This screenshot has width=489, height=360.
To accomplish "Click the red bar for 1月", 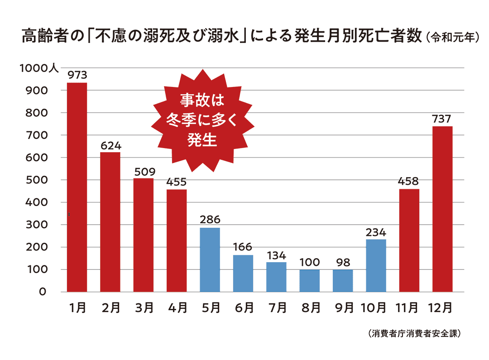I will coord(77,187).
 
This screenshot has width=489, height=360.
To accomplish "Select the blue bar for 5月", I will coord(210,259).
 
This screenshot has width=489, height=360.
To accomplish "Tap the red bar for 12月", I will coord(442,209).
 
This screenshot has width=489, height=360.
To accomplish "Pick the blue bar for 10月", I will coord(376,265).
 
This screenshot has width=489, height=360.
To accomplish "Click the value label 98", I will coord(343,262).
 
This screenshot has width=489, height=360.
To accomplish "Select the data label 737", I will coord(442,119).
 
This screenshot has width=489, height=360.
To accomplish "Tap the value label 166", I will coord(243,247).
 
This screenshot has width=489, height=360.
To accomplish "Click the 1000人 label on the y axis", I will coord(39,68).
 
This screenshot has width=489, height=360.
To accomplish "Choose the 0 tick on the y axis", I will coord(43,292).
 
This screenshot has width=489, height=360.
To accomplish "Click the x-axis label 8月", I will coord(310,308).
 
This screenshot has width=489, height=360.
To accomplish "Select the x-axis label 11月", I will coord(409,308).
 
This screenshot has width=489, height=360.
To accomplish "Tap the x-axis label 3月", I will coord(144,308).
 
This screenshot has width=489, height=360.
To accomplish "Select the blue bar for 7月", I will coord(276,277).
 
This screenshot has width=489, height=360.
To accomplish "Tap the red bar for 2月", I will coord(110,222).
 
